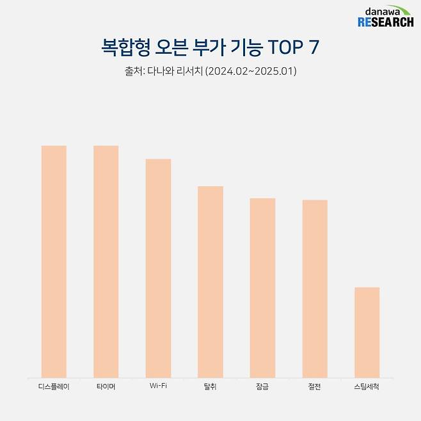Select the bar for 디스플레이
(54, 261)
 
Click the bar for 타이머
(106, 261)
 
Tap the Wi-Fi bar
(158, 267)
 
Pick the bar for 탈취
(210, 282)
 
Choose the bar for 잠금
(262, 287)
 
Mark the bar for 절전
(315, 289)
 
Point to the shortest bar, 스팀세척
(367, 332)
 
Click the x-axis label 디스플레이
(54, 387)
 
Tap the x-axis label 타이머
(106, 387)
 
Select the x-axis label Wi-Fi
(158, 387)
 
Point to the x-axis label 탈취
(210, 387)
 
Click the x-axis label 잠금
(262, 387)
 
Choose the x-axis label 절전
(315, 387)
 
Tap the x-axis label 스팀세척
(367, 387)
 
